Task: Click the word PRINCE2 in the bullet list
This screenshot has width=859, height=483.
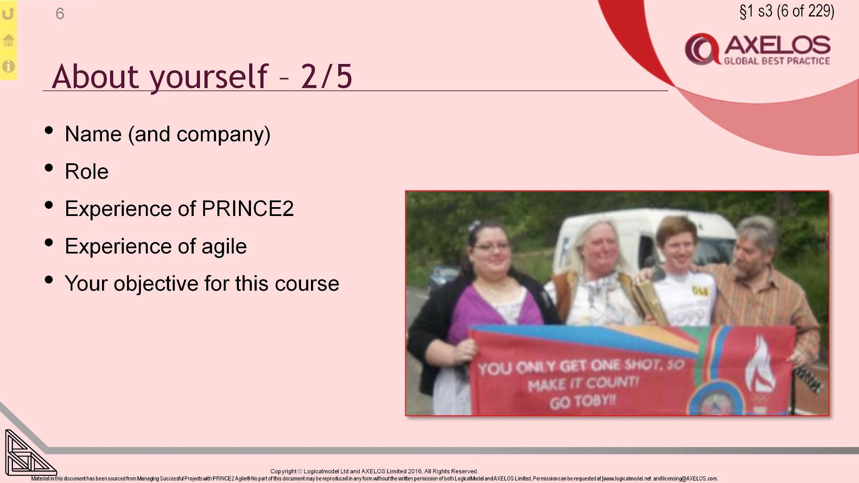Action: click(x=247, y=209)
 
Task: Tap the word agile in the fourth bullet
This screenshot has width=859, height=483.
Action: click(x=224, y=246)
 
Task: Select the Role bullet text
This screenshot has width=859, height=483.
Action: click(x=86, y=172)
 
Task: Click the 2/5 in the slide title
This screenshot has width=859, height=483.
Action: click(x=327, y=76)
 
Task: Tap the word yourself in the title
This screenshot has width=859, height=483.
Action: click(x=208, y=76)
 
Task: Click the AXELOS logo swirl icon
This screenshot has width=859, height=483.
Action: click(x=702, y=49)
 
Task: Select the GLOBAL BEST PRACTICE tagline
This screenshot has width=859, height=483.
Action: click(x=777, y=61)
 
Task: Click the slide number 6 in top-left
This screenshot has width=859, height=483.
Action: click(x=60, y=14)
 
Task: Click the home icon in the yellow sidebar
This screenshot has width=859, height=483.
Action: click(x=9, y=40)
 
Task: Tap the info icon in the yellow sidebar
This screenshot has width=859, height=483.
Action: click(x=9, y=67)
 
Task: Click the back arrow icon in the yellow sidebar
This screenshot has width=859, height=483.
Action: click(x=9, y=14)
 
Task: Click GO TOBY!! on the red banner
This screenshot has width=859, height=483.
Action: click(x=583, y=401)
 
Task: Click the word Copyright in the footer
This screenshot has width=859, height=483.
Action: click(x=283, y=471)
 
